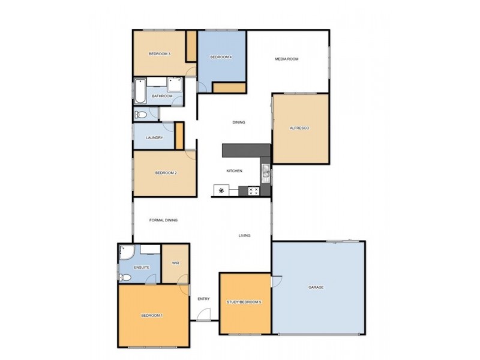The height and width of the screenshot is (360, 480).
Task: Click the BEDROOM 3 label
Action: click(160, 54)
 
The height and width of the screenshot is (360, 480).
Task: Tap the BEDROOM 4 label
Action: click(221, 57)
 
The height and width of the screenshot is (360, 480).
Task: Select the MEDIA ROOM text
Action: click(286, 59)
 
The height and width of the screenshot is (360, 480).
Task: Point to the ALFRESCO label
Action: click(299, 128)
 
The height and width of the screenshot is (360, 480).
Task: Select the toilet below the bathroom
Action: click(141, 115)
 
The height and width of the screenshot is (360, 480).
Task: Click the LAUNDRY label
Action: click(154, 138)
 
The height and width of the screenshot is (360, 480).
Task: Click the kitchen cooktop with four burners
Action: click(253, 191)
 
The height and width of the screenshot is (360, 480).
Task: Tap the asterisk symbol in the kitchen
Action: click(221, 191)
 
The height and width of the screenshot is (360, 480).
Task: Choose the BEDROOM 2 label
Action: click(166, 173)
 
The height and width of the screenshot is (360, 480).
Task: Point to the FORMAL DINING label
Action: click(163, 220)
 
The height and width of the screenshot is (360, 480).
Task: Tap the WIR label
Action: click(175, 263)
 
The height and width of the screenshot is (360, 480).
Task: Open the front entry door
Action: click(204, 315)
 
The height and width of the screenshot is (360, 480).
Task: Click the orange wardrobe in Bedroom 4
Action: click(229, 88)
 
